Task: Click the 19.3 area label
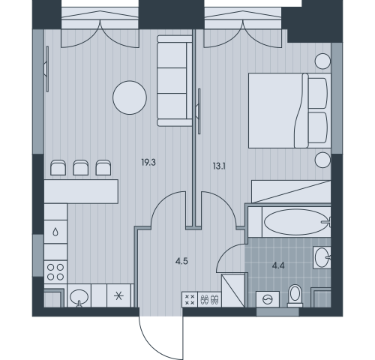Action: click(148, 163)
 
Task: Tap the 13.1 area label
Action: click(219, 166)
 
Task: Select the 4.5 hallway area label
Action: click(181, 262)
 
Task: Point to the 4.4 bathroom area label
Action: click(278, 265)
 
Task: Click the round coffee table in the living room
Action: click(130, 97)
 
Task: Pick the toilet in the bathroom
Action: click(295, 295)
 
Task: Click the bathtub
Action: click(296, 222)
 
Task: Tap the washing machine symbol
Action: click(268, 299)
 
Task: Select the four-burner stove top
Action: click(55, 272)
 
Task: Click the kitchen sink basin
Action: click(79, 297)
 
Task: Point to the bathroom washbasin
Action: click(322, 257)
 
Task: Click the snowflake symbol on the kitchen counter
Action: click(118, 296)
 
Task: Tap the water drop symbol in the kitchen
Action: click(55, 232)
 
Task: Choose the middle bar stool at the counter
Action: click(80, 167)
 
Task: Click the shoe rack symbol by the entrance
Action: click(209, 299)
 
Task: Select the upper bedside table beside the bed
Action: click(322, 61)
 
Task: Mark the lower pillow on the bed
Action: click(318, 127)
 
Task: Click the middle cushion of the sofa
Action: click(172, 80)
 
